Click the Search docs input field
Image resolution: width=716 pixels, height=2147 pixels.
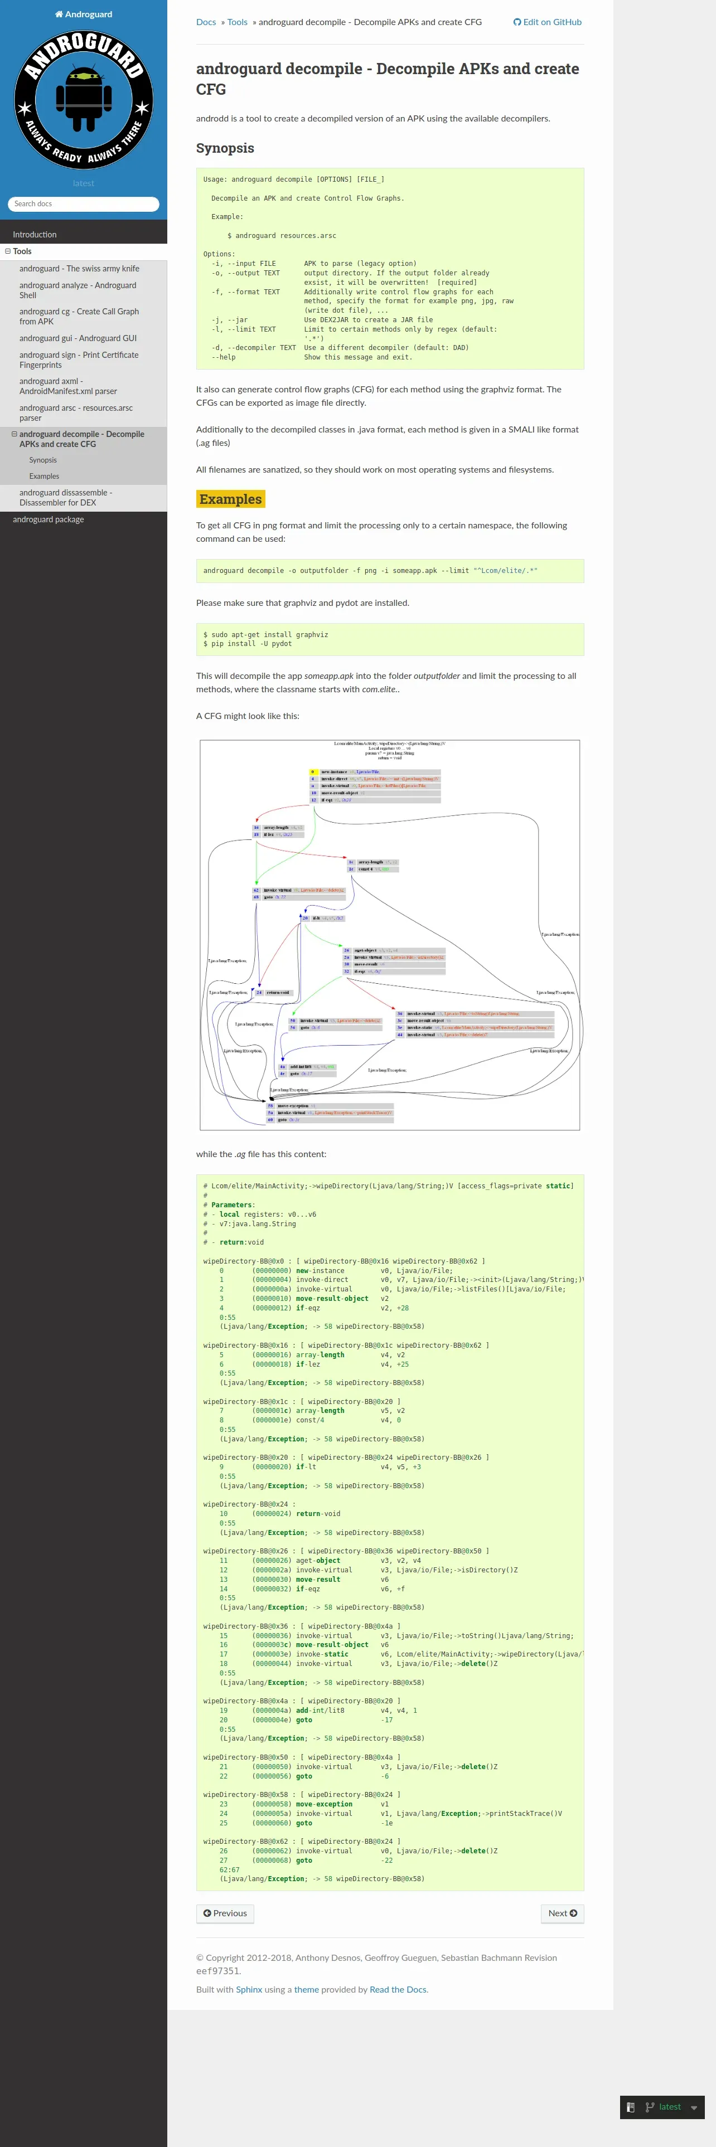tap(83, 204)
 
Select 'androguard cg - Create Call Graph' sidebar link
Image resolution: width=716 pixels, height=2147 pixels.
tap(79, 317)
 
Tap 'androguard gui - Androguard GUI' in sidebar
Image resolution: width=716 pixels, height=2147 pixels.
tap(78, 338)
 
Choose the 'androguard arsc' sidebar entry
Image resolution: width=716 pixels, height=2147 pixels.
tap(76, 412)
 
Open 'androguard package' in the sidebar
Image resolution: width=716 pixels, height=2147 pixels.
tap(49, 519)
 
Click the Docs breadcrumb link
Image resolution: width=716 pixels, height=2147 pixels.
tap(206, 22)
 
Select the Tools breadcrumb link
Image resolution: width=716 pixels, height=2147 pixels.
tap(238, 22)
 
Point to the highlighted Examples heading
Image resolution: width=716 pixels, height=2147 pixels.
tap(230, 499)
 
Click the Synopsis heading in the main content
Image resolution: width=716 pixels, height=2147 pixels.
tap(225, 148)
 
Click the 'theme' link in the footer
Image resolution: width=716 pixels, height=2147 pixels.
tap(306, 1989)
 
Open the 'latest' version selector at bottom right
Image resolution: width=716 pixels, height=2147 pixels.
tap(669, 2107)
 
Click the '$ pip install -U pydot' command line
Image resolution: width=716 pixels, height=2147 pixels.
tap(248, 643)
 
